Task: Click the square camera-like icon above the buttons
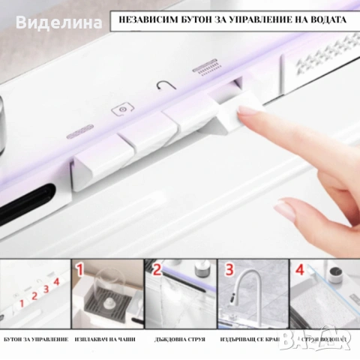click(119, 109)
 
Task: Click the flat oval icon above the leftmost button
click(79, 136)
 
